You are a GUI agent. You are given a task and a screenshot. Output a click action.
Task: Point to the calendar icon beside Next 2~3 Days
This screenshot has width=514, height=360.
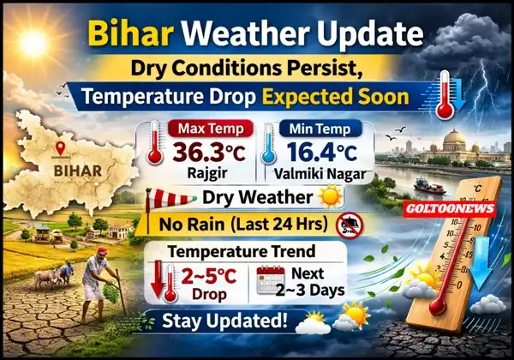tap(270, 279)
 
